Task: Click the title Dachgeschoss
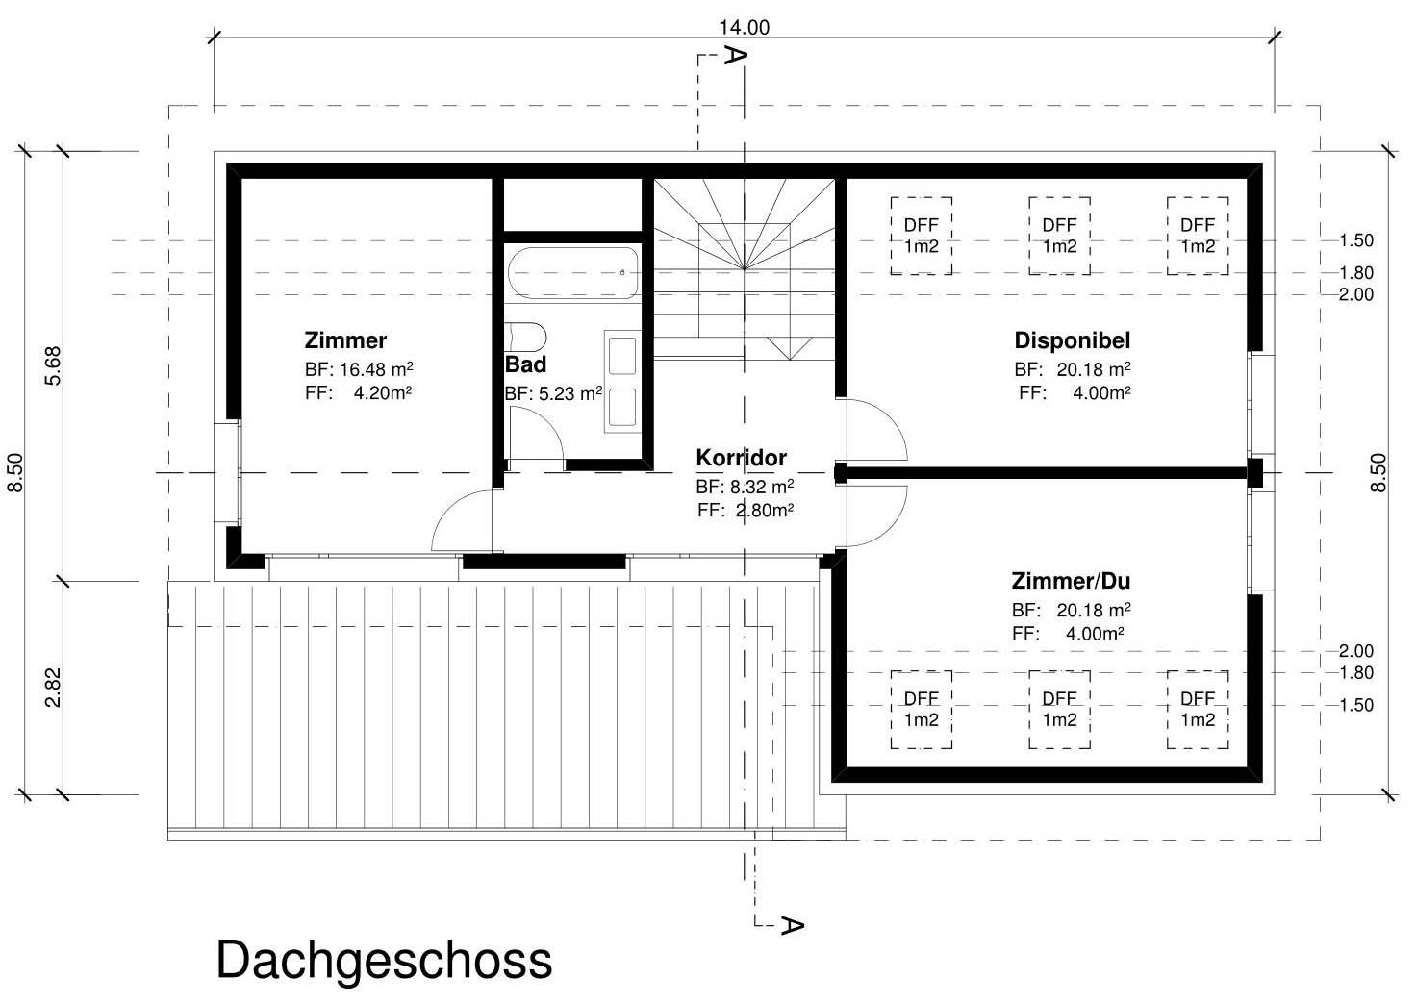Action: (384, 960)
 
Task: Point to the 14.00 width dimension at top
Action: (744, 28)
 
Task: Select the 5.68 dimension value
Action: (54, 364)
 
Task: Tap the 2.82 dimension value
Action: (54, 687)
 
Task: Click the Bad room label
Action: (525, 364)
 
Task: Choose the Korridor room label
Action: (741, 458)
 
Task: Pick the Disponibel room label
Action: (1072, 340)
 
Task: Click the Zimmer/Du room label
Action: (1070, 581)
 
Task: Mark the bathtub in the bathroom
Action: (572, 272)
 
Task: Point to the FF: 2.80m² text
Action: (745, 511)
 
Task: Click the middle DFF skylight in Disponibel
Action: (1059, 236)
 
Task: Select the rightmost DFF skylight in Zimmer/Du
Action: (1198, 709)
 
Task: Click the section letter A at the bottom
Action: (791, 925)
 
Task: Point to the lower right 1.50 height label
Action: (1355, 705)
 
